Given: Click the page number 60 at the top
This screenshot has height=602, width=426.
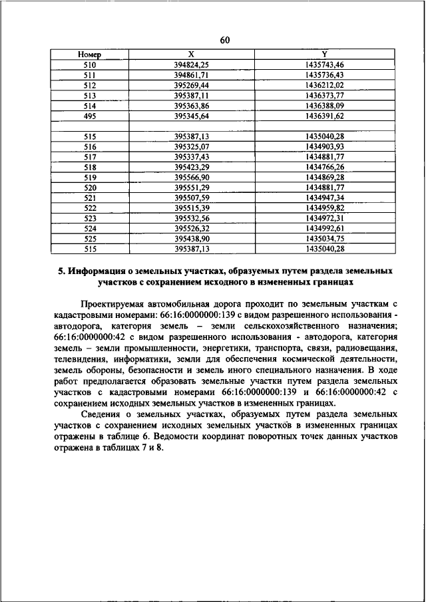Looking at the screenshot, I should pos(224,41).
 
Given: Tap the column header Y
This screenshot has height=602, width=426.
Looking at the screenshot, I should pos(324,55).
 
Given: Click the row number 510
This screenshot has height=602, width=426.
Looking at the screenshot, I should pos(89,65).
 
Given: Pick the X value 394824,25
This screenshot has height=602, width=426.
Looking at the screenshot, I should pos(192,65).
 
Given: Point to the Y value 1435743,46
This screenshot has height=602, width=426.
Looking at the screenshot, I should pos(324,65).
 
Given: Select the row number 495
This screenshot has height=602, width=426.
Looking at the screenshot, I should pos(89,116).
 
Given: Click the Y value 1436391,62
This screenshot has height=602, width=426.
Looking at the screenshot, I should pos(324,116).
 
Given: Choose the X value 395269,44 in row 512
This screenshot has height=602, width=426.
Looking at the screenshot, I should pos(192,86).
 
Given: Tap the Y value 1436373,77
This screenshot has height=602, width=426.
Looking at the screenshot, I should pos(324,96).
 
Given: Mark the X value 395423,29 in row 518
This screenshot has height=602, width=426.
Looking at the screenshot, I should pos(192,167).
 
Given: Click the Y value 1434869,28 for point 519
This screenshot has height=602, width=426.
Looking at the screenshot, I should pos(324,178).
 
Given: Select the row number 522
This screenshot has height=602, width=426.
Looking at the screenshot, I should pos(89,208).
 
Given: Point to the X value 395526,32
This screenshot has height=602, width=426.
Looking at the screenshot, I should pos(192,228).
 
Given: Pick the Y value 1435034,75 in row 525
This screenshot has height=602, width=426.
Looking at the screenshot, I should pos(324,238).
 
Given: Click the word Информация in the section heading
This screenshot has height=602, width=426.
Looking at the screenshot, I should pos(95,271).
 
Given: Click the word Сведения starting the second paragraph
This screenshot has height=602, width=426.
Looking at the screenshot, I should pos(101,413).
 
